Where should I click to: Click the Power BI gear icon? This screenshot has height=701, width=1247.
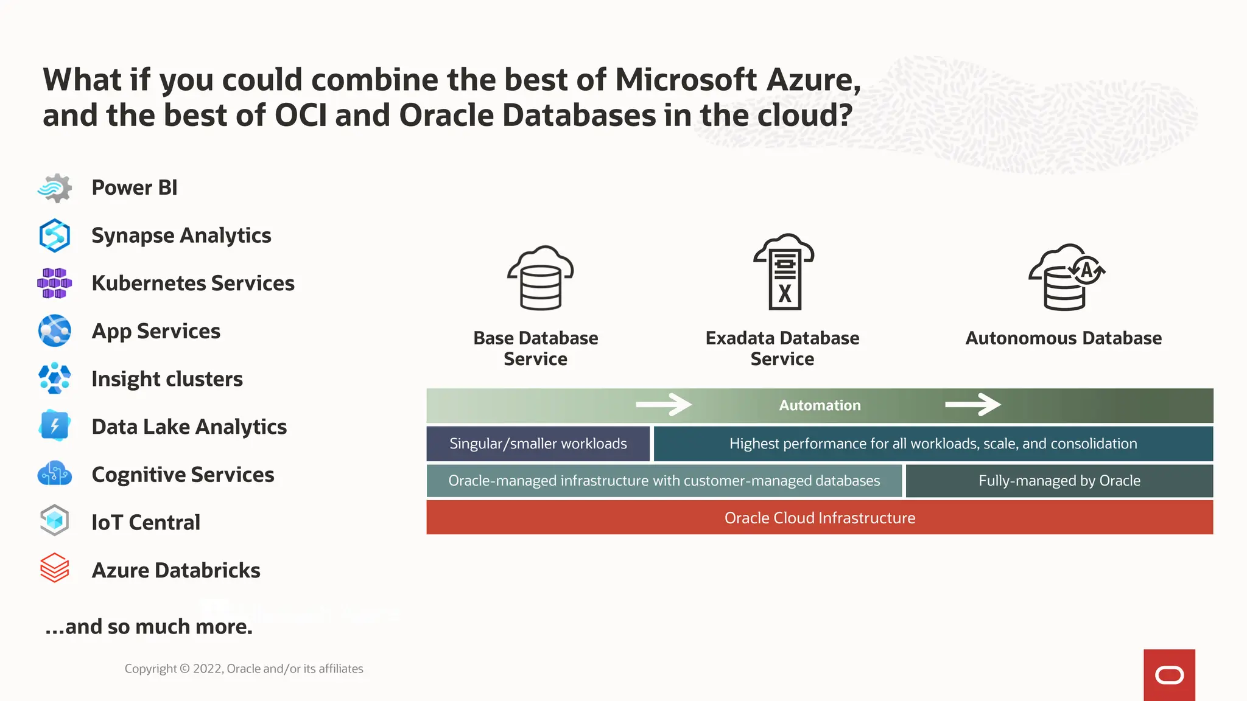pos(55,188)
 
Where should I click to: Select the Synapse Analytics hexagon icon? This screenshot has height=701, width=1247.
pos(55,235)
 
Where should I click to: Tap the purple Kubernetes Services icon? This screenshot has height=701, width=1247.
pos(55,284)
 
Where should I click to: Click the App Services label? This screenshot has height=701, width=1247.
pos(156,331)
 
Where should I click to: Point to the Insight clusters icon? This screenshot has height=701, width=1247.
pos(55,378)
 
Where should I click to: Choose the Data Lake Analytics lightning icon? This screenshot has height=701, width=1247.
pos(55,425)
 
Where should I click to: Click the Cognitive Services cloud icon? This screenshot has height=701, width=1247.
pos(55,473)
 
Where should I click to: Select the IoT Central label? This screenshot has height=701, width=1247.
pos(146,522)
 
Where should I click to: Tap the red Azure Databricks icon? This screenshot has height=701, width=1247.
pos(55,568)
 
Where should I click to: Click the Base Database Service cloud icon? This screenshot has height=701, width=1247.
pos(541,278)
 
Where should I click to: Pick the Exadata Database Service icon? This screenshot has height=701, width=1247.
pos(784,272)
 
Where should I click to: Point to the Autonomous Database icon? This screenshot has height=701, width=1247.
pos(1067,277)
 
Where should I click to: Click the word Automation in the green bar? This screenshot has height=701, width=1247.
pos(820,405)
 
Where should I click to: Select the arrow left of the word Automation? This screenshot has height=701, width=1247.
pos(664,405)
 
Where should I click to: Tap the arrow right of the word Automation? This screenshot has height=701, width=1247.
pos(973,405)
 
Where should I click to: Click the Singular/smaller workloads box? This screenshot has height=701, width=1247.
pos(538,444)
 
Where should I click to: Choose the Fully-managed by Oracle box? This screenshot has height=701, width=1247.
pos(1059,481)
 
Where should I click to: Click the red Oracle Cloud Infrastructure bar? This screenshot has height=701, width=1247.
pos(820,518)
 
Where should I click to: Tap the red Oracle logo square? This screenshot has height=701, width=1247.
pos(1169,675)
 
